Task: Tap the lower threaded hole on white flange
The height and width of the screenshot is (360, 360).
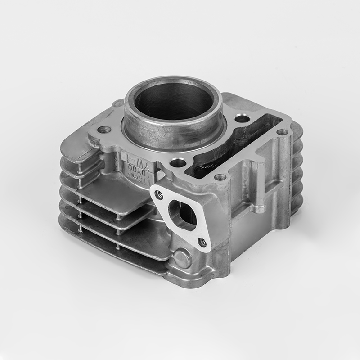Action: pos(202,243)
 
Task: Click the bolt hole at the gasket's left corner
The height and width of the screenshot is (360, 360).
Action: pos(104,130)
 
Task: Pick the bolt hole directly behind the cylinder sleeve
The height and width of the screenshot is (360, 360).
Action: pos(242,119)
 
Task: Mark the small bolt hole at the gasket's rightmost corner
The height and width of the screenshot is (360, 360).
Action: pos(282,132)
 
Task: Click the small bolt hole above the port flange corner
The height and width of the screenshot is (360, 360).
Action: pos(220,177)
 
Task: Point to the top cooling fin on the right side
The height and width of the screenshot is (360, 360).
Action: pos(297,130)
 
